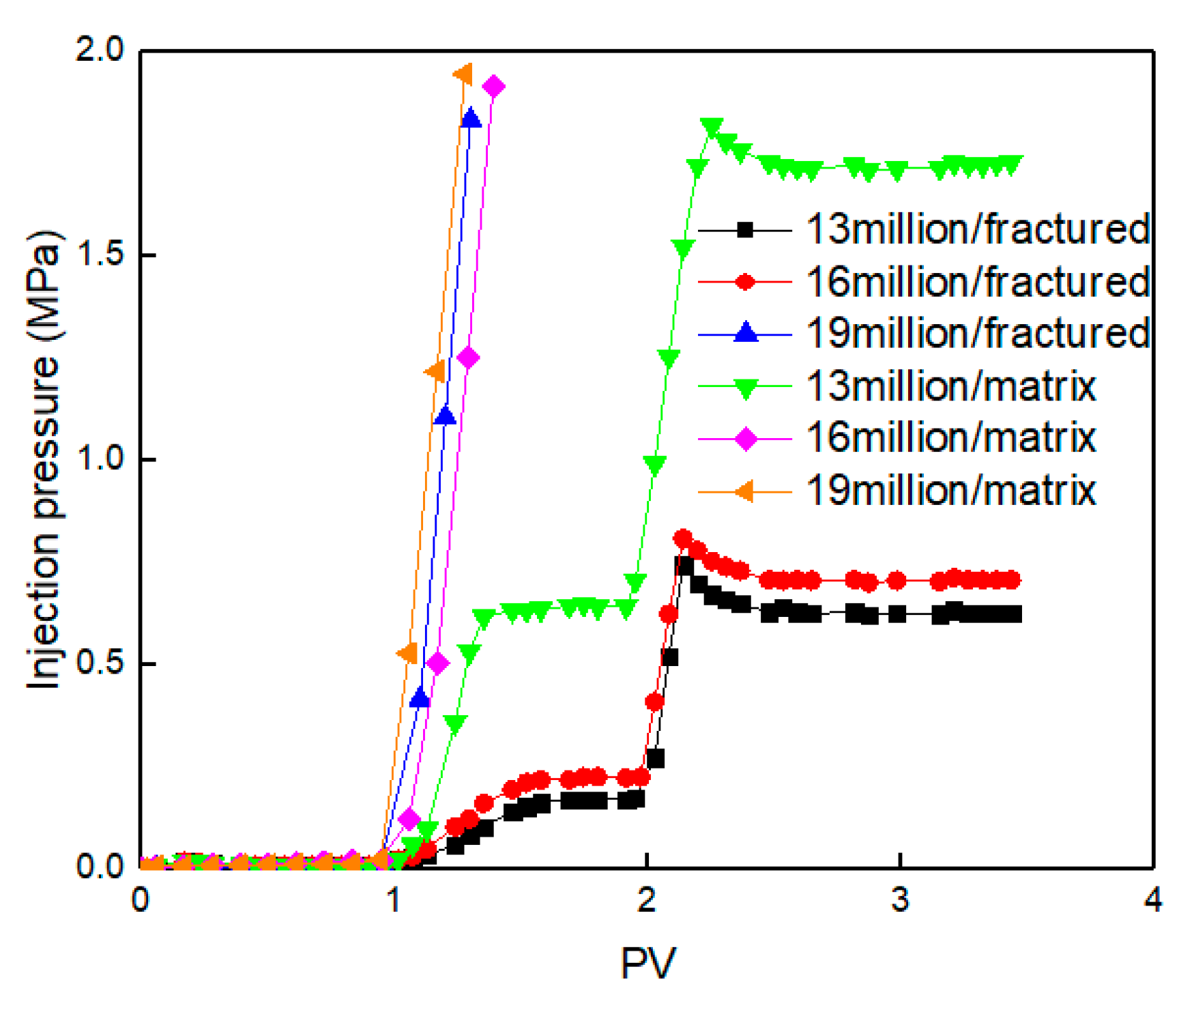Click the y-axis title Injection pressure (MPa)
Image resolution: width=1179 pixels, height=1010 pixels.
pos(45,459)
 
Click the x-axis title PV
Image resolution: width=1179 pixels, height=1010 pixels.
pos(647,963)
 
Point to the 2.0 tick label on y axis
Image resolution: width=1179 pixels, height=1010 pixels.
pos(100,50)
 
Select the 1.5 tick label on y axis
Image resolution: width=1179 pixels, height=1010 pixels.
pos(100,255)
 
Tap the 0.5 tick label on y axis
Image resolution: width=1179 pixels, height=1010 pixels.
pos(100,663)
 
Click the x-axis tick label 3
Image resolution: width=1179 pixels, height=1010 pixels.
pos(900,900)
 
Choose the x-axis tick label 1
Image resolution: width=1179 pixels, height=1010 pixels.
pos(394,900)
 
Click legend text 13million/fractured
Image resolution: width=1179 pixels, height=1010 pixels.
pos(978,229)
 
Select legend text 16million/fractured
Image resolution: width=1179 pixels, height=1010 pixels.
pos(978,282)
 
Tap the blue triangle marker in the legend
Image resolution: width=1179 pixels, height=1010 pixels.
pos(746,333)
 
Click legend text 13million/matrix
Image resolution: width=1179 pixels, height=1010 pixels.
pos(951,387)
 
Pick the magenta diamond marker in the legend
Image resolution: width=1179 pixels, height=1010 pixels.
pos(746,439)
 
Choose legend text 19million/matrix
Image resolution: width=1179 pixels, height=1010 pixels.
pos(951,491)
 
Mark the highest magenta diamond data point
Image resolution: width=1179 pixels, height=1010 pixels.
pos(493,87)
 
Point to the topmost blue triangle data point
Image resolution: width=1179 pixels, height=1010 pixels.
pos(471,118)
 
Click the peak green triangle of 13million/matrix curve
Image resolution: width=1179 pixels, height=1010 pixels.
pos(712,127)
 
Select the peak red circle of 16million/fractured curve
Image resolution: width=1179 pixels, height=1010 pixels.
pos(683,538)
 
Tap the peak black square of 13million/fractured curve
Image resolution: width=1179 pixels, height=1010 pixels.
pos(684,565)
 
